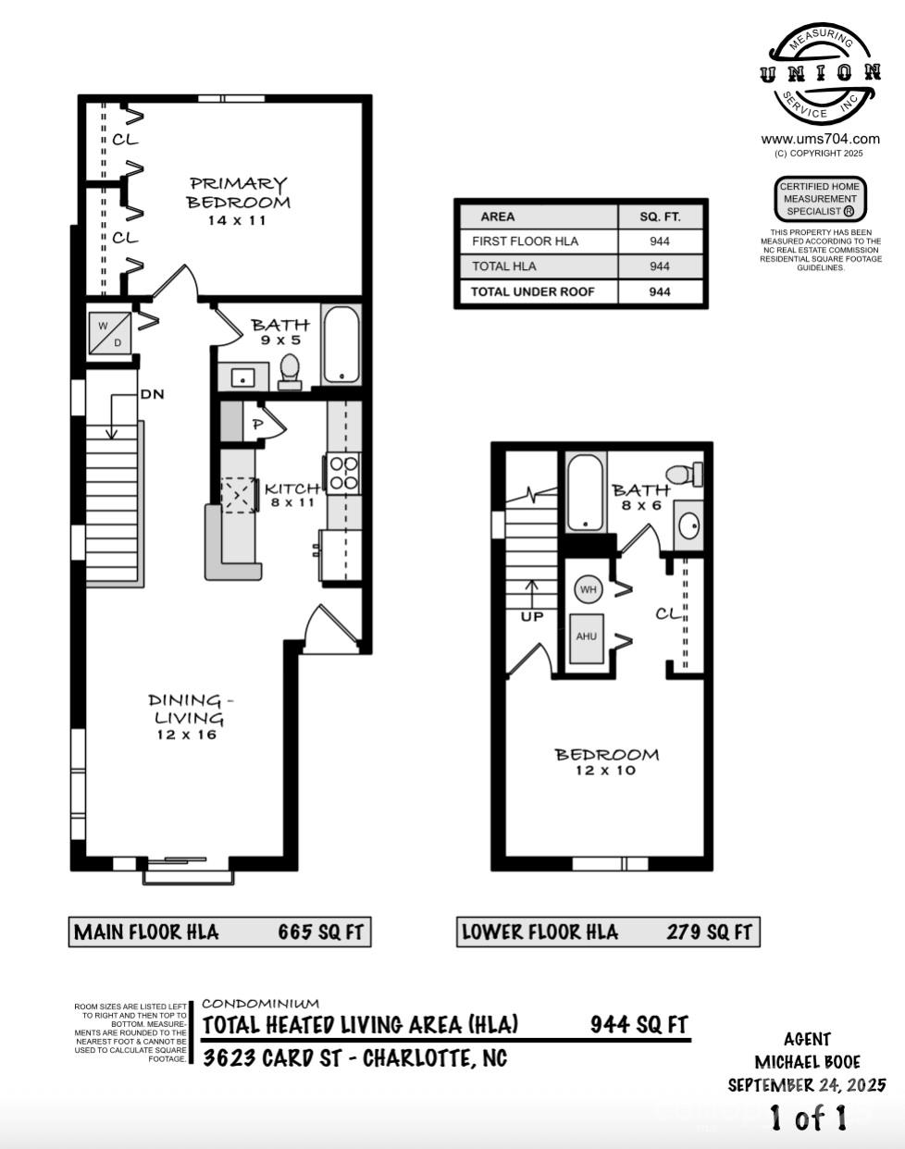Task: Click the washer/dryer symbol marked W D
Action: (109, 333)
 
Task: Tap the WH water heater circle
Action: (588, 589)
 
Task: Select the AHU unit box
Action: (586, 638)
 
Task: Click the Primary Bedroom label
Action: (238, 192)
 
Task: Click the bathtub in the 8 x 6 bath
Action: (585, 492)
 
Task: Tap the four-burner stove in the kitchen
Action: (342, 474)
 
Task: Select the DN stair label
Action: (152, 395)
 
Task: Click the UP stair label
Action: (532, 617)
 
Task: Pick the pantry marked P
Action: (258, 425)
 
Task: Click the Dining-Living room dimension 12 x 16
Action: (186, 735)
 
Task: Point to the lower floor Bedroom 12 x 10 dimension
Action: (606, 771)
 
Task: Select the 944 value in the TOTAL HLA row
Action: (660, 266)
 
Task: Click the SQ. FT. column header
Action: (661, 216)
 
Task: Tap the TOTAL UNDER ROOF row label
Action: (532, 292)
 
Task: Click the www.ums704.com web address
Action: (820, 140)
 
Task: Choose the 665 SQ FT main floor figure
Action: (320, 933)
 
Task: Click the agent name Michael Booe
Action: (807, 1062)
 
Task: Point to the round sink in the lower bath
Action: (688, 525)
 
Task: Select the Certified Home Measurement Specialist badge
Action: (820, 199)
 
